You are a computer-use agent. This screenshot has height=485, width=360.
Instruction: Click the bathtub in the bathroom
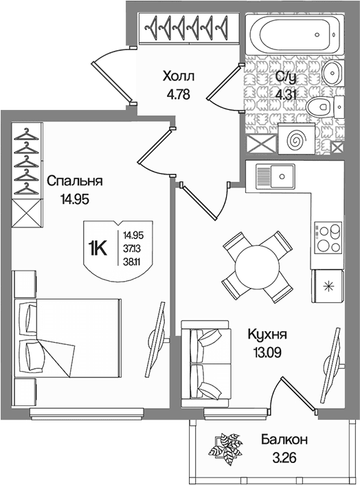click(x=295, y=34)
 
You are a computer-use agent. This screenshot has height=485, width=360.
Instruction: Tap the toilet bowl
click(x=318, y=107)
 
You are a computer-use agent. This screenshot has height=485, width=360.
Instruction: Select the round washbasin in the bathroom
click(x=332, y=73)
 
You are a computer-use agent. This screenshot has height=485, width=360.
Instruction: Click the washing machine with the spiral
click(x=296, y=139)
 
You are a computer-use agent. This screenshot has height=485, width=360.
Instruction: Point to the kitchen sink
click(x=275, y=177)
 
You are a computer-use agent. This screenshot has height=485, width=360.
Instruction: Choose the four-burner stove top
click(x=328, y=238)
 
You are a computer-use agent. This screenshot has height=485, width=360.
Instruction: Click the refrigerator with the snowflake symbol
click(x=328, y=286)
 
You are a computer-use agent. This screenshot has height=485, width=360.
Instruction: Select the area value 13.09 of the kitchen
click(x=267, y=352)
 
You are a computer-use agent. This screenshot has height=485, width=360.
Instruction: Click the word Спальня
click(x=74, y=181)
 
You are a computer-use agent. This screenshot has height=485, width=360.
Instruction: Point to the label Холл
click(x=179, y=76)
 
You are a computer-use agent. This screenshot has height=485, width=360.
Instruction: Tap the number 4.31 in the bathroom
click(x=286, y=94)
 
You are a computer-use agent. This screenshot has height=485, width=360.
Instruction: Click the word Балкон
click(x=284, y=439)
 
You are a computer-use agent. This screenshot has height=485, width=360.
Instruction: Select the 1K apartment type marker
click(x=98, y=249)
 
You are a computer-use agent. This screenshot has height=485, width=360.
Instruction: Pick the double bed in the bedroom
click(x=67, y=338)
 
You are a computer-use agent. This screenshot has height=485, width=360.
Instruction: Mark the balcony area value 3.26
click(x=284, y=458)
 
